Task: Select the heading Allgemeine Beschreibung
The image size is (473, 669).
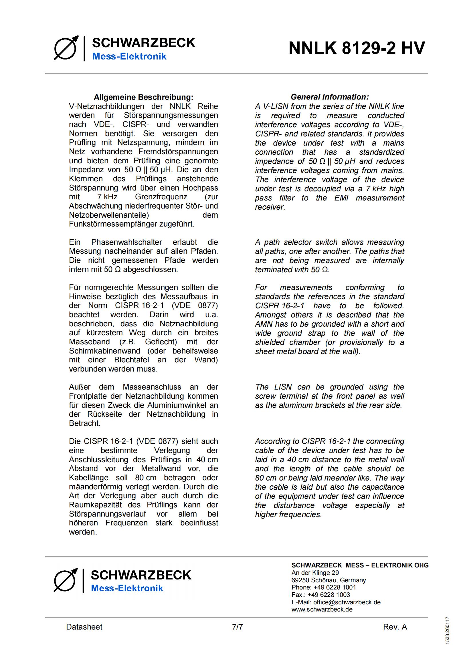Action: (x=143, y=97)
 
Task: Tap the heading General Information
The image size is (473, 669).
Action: (x=330, y=97)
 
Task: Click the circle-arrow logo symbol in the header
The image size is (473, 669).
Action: (x=66, y=48)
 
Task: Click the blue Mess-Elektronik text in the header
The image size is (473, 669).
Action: (x=129, y=56)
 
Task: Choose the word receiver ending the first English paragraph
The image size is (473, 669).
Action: (x=270, y=207)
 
